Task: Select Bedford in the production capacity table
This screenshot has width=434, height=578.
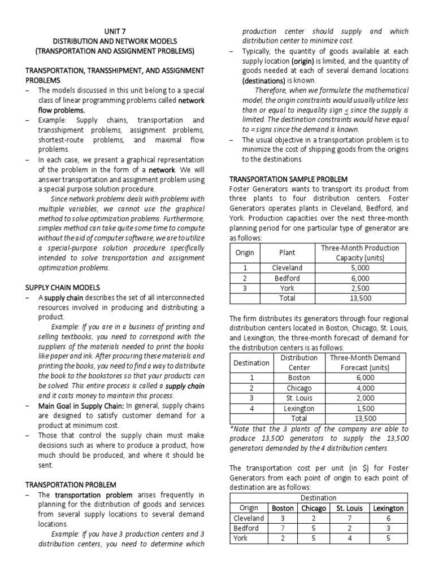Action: pos(287,278)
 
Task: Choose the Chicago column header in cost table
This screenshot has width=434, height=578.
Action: pos(313,508)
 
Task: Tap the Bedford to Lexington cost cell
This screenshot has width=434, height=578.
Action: pos(388,528)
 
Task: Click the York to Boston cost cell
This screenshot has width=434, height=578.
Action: pos(283,538)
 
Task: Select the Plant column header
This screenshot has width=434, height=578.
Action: pos(287,252)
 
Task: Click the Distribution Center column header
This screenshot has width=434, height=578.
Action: pos(299,362)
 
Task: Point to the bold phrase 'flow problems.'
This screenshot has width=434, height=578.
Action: pos(62,110)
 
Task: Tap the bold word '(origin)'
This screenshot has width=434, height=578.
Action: pos(306,61)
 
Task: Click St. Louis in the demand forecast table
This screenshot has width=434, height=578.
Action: pos(299,398)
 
